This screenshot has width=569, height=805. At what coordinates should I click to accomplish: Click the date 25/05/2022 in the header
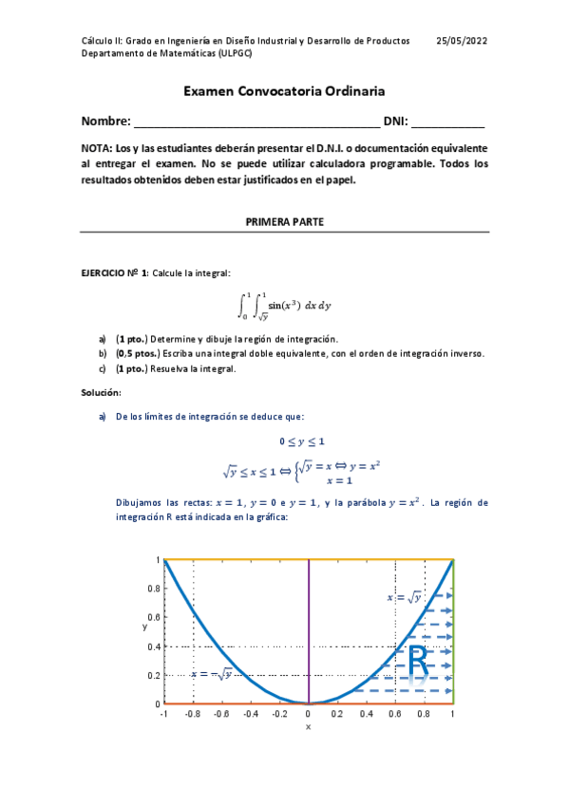[x=462, y=41]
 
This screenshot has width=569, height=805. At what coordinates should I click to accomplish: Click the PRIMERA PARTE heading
[x=284, y=221]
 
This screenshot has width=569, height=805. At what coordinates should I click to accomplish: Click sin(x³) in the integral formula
[x=283, y=305]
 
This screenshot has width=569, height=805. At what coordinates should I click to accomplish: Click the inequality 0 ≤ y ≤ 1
[x=302, y=441]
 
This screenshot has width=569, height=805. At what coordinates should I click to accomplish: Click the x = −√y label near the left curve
[x=212, y=674]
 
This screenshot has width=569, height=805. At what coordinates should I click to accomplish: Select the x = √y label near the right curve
[x=404, y=597]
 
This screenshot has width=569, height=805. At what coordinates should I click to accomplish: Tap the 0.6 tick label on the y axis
[x=153, y=618]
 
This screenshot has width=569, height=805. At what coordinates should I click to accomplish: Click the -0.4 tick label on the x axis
[x=250, y=714]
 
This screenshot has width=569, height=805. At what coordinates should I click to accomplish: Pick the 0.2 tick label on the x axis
[x=337, y=714]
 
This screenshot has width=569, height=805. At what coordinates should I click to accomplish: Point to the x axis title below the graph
[x=308, y=727]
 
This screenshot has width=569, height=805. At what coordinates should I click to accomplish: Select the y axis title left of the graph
[x=144, y=627]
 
